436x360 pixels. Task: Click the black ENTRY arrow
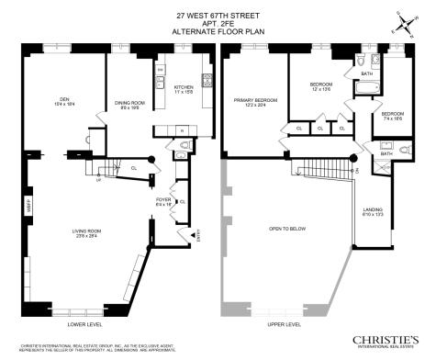193,238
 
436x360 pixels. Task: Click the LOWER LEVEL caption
88,324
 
